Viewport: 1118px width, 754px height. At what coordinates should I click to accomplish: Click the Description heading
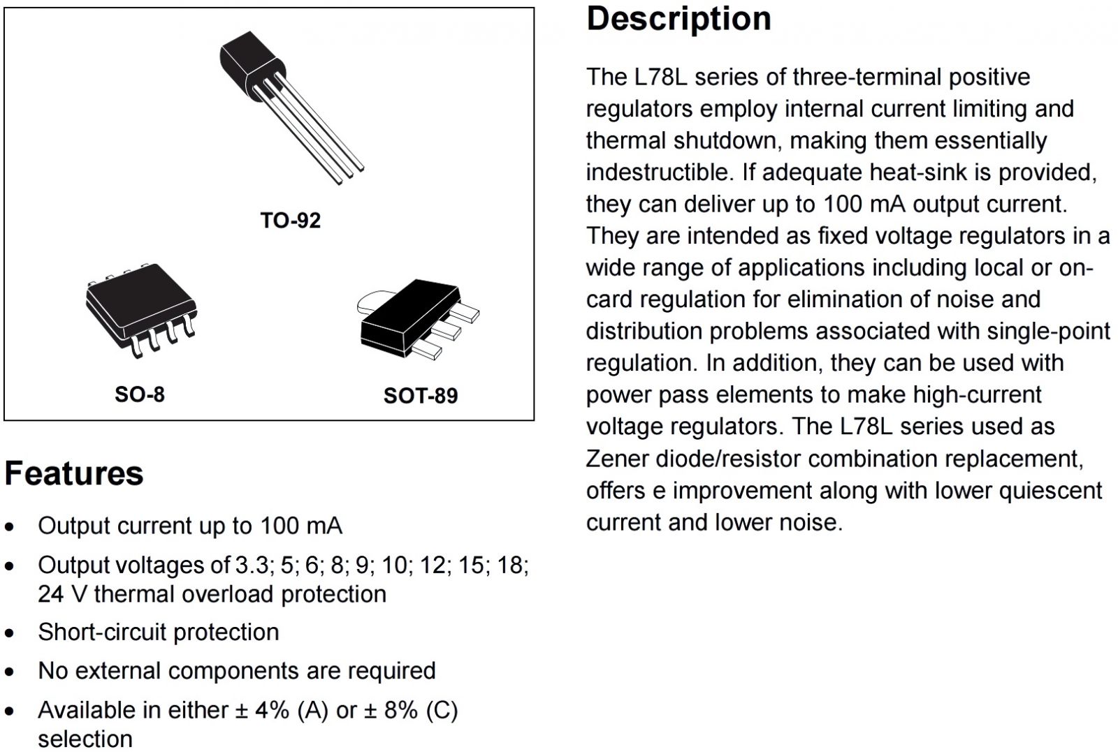[678, 19]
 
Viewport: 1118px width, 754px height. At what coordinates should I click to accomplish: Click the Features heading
[74, 473]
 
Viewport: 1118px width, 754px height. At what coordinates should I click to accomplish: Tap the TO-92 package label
[290, 221]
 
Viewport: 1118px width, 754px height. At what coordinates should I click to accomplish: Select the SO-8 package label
[140, 394]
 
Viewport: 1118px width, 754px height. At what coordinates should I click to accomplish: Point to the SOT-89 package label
[421, 396]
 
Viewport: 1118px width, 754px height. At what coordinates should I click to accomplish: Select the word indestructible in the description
[654, 172]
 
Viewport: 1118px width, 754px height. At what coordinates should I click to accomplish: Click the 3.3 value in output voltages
[251, 565]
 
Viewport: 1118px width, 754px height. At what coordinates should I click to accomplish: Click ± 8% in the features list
[392, 710]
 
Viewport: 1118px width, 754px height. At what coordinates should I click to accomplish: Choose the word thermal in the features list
[137, 594]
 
